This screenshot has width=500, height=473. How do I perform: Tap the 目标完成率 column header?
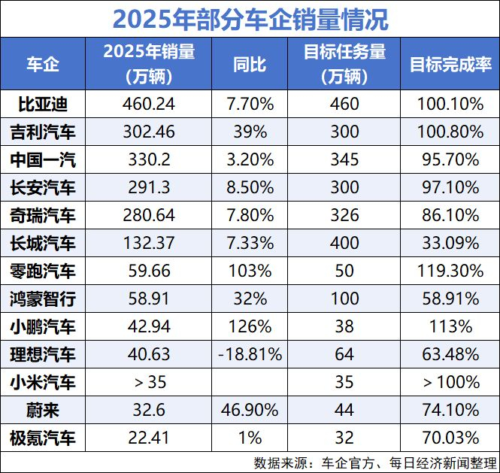coord(450,64)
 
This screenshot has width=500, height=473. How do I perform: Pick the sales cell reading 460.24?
coord(149,104)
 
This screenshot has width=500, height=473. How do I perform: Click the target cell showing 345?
coord(344,159)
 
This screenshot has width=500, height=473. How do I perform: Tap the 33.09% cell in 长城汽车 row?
coord(450,243)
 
